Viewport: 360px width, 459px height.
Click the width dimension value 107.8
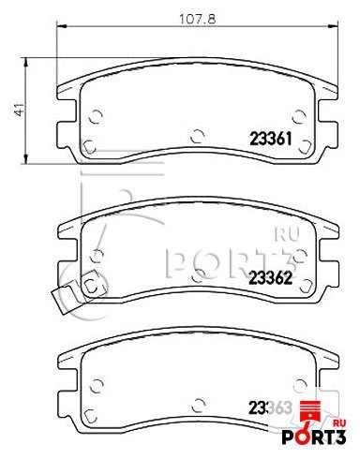(197, 20)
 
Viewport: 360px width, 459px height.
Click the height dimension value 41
(19, 110)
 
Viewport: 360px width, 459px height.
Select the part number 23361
(270, 139)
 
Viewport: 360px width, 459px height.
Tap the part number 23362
(270, 277)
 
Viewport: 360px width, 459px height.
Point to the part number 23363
(270, 407)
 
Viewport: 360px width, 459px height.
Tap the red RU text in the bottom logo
(339, 423)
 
